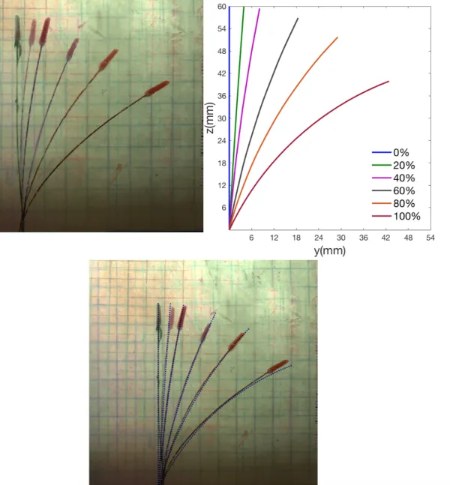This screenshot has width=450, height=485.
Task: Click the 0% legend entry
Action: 401,153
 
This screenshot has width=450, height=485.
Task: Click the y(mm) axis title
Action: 330,251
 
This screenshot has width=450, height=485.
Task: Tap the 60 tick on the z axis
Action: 222,7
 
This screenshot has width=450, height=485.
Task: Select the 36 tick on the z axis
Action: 222,96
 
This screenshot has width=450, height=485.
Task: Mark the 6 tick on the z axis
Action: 223,207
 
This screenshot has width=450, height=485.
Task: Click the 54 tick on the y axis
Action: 430,238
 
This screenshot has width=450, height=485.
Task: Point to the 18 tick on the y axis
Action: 296,238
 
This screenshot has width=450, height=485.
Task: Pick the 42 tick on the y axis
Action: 385,238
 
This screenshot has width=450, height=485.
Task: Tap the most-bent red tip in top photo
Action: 156,88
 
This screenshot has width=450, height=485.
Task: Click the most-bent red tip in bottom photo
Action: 277,367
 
